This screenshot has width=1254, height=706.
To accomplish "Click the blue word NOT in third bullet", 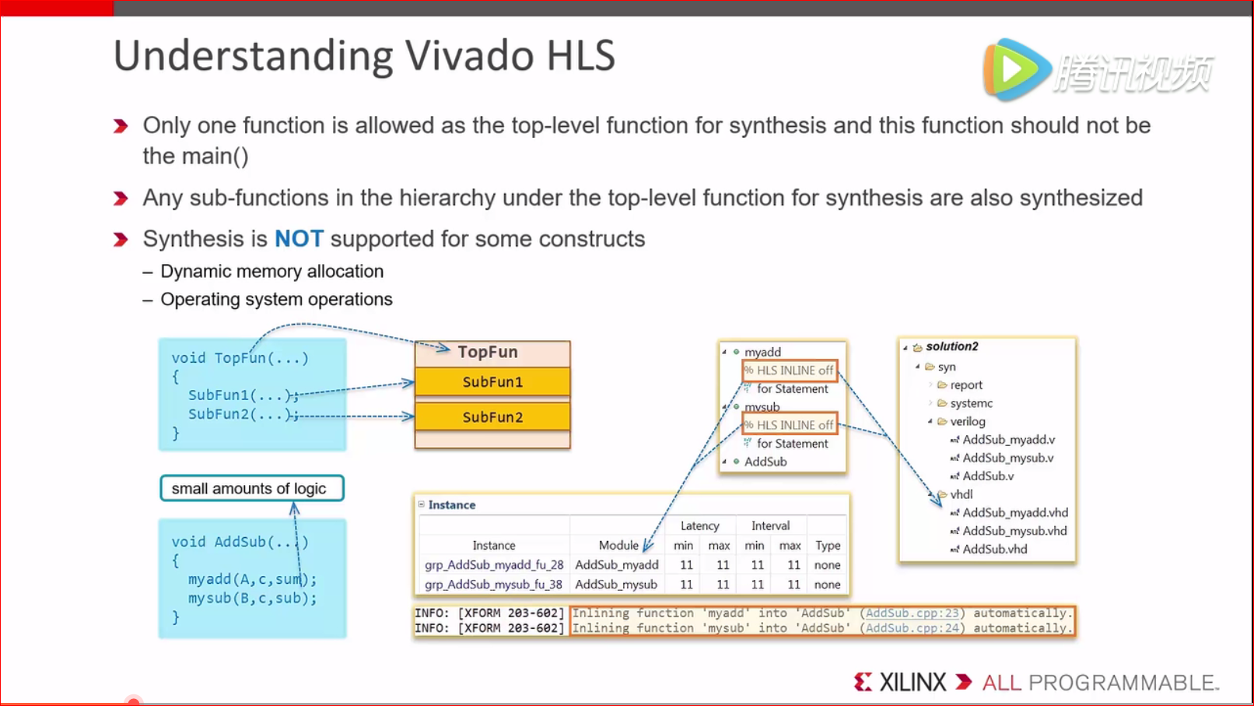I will click(x=299, y=239).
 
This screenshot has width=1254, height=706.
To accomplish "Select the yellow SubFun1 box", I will click(x=492, y=382).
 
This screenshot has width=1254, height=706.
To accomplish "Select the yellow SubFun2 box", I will click(x=492, y=417).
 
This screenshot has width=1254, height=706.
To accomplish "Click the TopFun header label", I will click(x=488, y=353).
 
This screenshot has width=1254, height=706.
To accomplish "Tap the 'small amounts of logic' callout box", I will click(x=251, y=489).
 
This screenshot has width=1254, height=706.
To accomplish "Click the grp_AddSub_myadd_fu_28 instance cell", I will click(x=493, y=565).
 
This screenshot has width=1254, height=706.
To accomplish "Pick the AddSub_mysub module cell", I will click(x=616, y=585).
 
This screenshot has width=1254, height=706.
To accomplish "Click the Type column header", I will click(x=828, y=546).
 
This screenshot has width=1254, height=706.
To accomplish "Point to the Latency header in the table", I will click(x=699, y=526).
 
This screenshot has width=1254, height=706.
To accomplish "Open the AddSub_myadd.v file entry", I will click(x=1008, y=440).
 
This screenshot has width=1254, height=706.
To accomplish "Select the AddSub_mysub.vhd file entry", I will click(x=1014, y=531).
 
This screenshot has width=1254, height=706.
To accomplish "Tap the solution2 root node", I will click(x=951, y=346).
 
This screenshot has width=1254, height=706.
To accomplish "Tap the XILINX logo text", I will click(x=912, y=683).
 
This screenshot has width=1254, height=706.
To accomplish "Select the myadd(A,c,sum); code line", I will click(x=252, y=579).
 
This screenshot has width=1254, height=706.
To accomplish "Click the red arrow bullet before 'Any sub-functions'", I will click(x=121, y=198).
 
